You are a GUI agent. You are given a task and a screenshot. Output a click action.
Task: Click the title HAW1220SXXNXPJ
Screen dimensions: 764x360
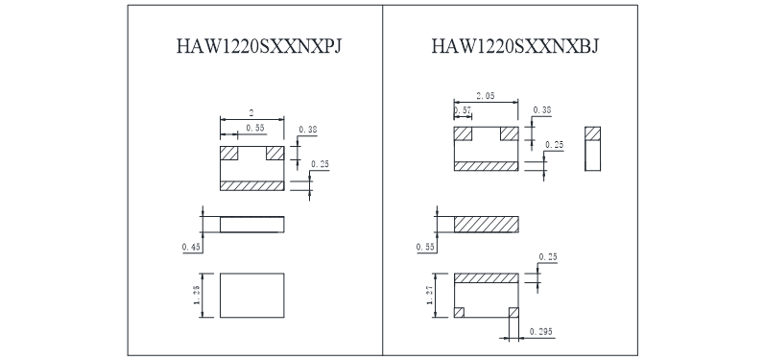pyautogui.click(x=259, y=46)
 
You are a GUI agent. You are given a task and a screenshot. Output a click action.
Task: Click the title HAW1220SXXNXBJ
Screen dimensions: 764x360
pyautogui.click(x=515, y=46)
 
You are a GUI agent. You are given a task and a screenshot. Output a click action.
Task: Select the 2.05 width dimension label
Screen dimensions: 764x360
pyautogui.click(x=486, y=96)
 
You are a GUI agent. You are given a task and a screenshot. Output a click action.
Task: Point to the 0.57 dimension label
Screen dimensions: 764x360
pyautogui.click(x=463, y=110)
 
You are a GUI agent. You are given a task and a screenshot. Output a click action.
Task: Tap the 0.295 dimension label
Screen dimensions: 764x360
pyautogui.click(x=541, y=332)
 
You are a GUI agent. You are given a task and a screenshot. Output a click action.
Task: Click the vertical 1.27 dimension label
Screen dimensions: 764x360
pyautogui.click(x=430, y=295)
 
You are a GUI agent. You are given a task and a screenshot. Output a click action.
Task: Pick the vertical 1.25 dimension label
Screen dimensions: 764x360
pyautogui.click(x=197, y=295)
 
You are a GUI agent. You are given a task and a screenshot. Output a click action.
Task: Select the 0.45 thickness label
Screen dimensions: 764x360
pyautogui.click(x=192, y=248)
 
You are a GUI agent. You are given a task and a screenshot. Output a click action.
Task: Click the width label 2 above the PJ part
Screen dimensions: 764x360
pyautogui.click(x=251, y=113)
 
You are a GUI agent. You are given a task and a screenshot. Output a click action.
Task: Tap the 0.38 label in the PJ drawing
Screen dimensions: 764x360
pyautogui.click(x=308, y=130)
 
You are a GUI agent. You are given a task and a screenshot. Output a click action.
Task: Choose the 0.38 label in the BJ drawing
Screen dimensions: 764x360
pyautogui.click(x=542, y=110)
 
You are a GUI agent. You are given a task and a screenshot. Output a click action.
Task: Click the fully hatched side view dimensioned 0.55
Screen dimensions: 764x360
pyautogui.click(x=487, y=225)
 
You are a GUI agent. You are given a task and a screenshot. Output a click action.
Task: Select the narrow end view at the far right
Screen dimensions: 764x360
pyautogui.click(x=592, y=149)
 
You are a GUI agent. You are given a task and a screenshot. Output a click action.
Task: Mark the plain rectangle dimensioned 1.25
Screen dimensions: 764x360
pyautogui.click(x=251, y=296)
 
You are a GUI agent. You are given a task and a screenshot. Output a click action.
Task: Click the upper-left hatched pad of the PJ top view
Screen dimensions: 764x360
pyautogui.click(x=228, y=153)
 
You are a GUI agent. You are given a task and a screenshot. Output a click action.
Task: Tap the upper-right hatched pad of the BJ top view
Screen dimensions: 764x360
pyautogui.click(x=509, y=133)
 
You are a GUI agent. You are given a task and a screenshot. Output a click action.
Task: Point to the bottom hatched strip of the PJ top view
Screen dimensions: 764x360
pyautogui.click(x=251, y=185)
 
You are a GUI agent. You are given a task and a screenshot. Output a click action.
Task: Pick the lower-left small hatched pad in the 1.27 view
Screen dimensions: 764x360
pyautogui.click(x=459, y=312)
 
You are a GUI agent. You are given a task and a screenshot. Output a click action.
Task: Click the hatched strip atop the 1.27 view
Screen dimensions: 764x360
pyautogui.click(x=487, y=278)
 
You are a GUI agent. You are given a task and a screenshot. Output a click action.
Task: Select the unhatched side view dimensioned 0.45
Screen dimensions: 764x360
pyautogui.click(x=251, y=225)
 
